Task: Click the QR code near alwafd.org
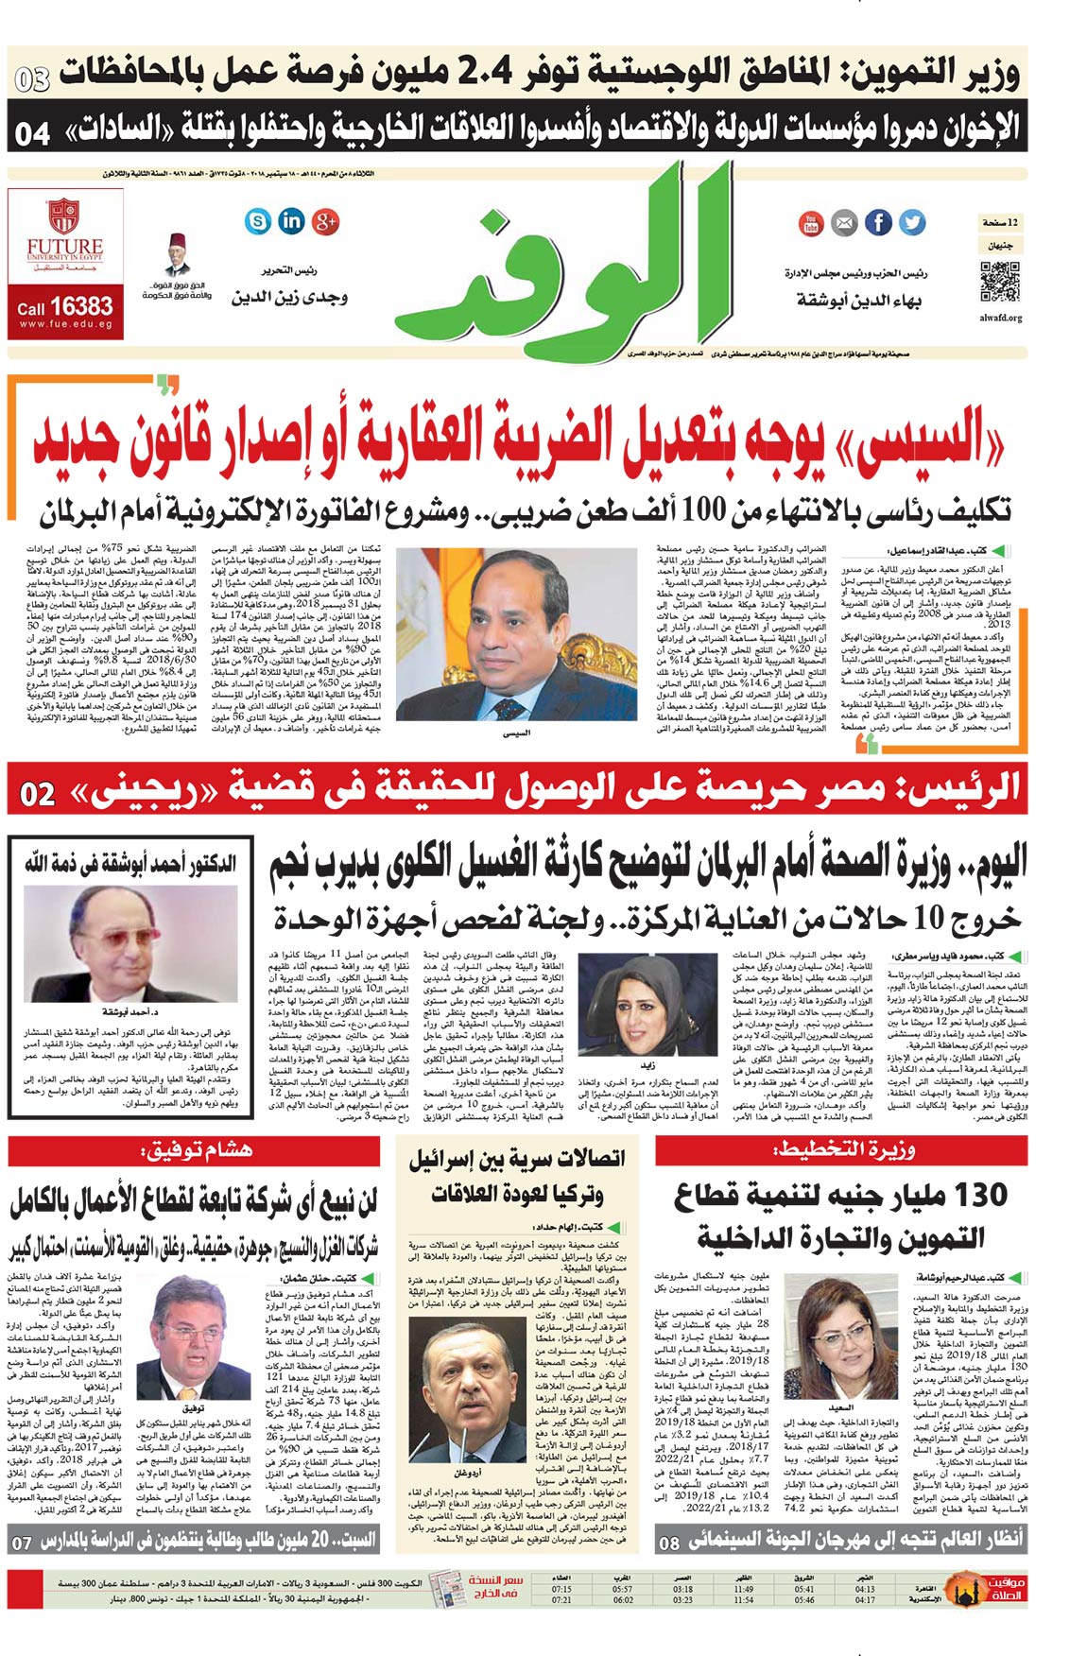coord(1000,284)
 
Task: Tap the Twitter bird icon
coord(911,222)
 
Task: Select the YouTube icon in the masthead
coord(810,223)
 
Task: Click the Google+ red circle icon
coord(326,221)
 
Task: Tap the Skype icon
coord(257,221)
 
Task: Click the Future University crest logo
coord(63,216)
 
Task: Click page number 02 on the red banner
coord(37,794)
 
